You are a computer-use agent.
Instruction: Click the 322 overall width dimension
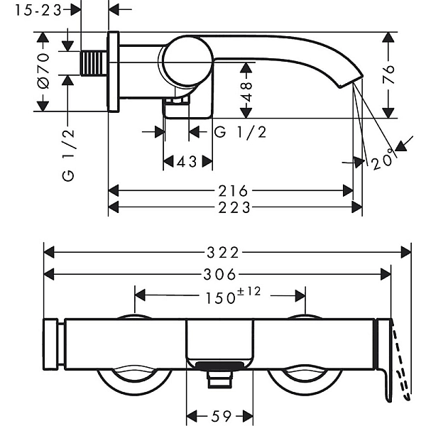[x=227, y=252]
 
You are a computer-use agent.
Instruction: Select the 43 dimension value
[x=187, y=162]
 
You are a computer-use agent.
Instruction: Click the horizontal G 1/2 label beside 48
[x=241, y=133]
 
